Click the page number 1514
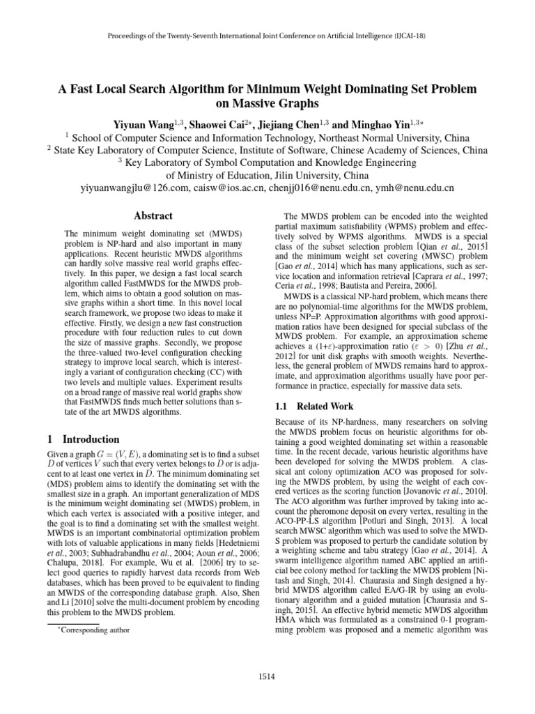click(x=267, y=676)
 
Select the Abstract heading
click(x=153, y=216)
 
